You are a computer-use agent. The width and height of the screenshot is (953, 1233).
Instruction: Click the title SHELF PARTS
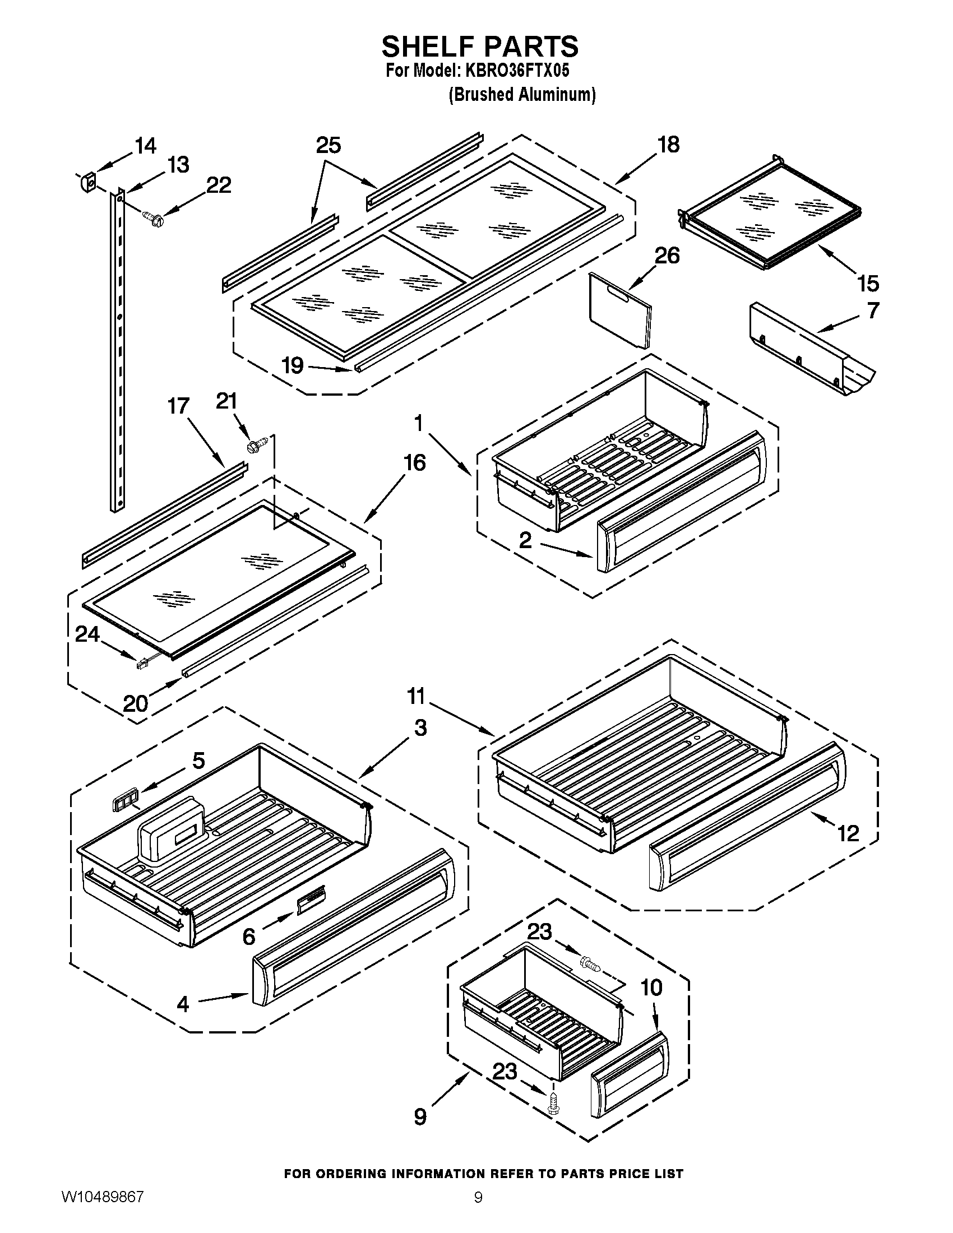tap(479, 47)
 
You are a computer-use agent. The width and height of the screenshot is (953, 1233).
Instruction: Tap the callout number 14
tap(145, 146)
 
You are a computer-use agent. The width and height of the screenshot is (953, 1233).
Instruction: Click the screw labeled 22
tap(152, 217)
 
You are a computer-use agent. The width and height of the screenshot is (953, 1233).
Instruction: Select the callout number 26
tap(667, 256)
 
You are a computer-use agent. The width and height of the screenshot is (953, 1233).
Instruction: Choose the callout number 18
tap(668, 145)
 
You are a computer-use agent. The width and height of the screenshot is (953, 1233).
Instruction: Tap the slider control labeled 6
tap(310, 903)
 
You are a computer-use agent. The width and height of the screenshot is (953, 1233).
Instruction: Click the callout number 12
tap(848, 833)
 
